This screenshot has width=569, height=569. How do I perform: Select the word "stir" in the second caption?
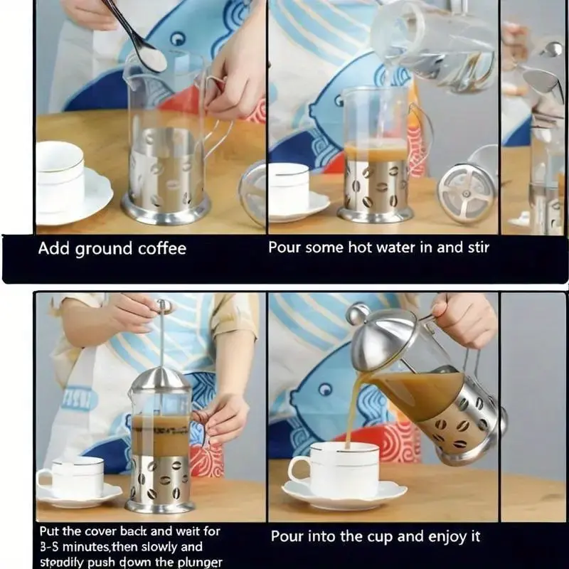(x=478, y=248)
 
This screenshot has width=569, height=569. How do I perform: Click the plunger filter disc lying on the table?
(x=467, y=193)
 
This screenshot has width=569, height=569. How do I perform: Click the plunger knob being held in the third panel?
(x=164, y=307)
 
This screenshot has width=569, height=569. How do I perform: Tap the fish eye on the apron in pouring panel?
(x=326, y=389)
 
